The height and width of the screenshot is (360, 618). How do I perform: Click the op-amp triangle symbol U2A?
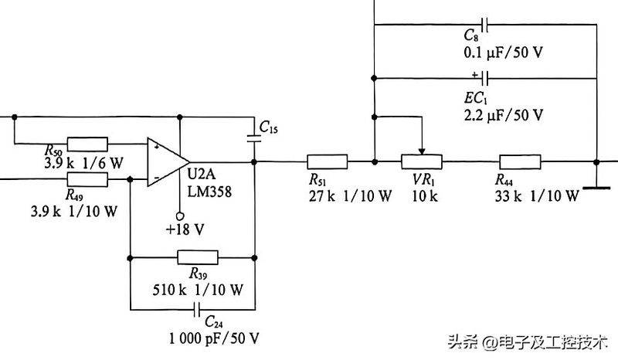point(162,162)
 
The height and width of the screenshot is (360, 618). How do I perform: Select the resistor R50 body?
point(87,143)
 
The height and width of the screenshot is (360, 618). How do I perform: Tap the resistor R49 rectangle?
point(87,179)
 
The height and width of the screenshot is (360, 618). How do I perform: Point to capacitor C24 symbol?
point(194,309)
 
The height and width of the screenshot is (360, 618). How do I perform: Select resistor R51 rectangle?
point(328,162)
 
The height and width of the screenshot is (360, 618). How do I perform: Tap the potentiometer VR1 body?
point(421,162)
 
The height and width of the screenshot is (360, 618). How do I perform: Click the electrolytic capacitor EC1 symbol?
point(484,77)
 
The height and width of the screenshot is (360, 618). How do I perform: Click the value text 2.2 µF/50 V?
point(501,114)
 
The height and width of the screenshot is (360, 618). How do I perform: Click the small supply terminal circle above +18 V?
point(178,216)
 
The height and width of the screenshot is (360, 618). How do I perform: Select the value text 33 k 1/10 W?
point(536,195)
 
